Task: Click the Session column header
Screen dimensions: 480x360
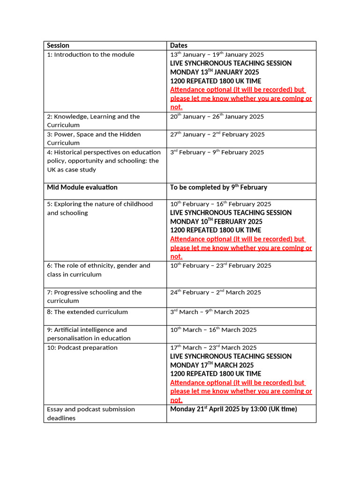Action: tap(58, 45)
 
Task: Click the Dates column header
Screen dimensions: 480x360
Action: tap(179, 45)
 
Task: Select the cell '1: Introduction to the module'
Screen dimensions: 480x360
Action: tap(90, 55)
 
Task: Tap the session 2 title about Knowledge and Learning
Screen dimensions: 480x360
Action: tap(93, 121)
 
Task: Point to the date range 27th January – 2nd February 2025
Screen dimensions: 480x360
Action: tap(217, 135)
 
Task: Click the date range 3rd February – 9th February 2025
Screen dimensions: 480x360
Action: tap(217, 152)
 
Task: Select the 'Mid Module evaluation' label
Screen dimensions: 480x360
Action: tap(82, 187)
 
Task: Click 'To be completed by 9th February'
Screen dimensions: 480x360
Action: tap(218, 187)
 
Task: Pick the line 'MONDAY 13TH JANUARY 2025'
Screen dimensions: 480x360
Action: tap(215, 72)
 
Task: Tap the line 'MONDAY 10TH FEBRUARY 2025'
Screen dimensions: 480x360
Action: tap(216, 221)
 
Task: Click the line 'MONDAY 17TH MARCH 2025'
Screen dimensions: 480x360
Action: tap(212, 365)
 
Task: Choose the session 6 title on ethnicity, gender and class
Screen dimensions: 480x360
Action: tap(98, 270)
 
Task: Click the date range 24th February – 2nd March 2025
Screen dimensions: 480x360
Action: tap(216, 292)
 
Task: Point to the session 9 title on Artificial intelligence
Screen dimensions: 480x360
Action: tap(89, 334)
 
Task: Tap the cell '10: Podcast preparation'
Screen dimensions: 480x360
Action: tap(82, 348)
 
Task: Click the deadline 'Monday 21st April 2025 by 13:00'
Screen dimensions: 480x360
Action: tap(233, 409)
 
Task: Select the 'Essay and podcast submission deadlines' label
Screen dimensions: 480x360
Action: tap(91, 413)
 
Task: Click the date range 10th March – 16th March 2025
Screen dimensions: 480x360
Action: tap(213, 330)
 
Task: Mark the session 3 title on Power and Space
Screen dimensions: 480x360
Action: tap(94, 139)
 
